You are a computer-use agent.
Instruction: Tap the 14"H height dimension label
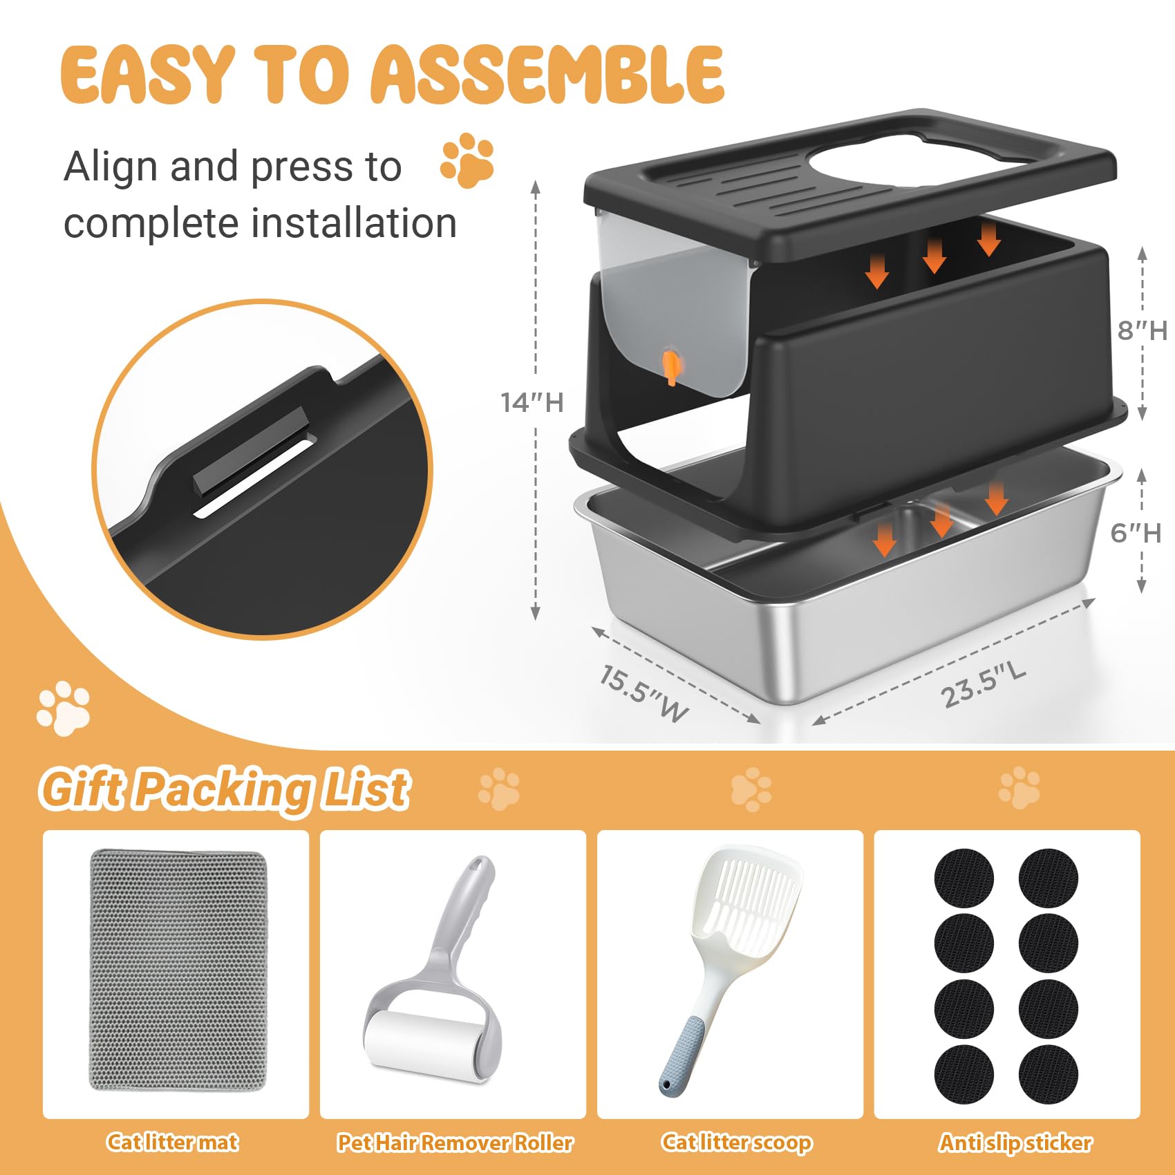point(532,402)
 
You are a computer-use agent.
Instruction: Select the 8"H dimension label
point(1142,330)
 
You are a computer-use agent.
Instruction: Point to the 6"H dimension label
point(1135,533)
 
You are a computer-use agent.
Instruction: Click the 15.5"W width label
point(643,693)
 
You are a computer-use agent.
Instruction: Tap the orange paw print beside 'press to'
point(468,160)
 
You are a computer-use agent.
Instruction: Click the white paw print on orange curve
point(64,708)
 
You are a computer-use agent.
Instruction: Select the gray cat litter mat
point(177,970)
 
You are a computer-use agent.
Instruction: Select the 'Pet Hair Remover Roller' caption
point(454,1143)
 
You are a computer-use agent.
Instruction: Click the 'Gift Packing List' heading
point(225,789)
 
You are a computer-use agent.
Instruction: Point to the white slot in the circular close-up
point(254,477)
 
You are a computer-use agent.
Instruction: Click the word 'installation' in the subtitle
point(353,223)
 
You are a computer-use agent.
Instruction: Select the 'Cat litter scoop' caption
point(736,1143)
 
